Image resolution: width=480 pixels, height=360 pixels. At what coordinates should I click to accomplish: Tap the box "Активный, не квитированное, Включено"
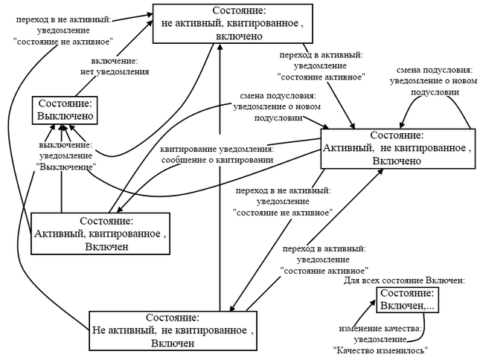click(x=397, y=148)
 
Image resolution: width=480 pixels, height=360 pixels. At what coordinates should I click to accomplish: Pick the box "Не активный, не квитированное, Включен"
click(x=173, y=330)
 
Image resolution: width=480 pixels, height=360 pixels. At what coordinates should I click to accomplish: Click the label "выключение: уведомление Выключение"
click(x=65, y=156)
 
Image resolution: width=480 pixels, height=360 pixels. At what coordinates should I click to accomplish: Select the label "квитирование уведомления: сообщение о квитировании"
click(x=215, y=154)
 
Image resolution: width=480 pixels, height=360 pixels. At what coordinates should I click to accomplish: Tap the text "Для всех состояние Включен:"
click(x=404, y=280)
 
